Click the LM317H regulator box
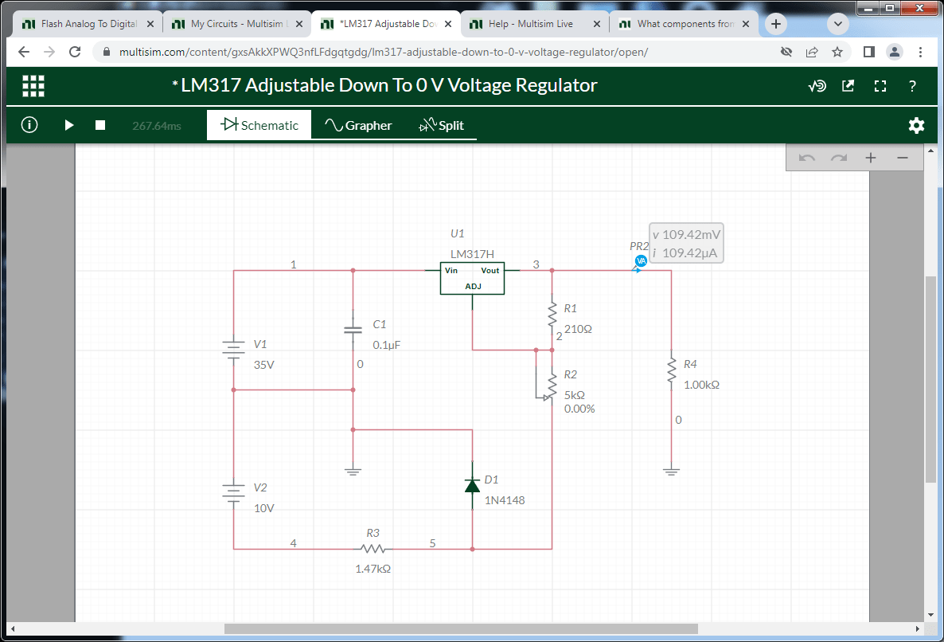[472, 279]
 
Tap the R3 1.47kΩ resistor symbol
[373, 549]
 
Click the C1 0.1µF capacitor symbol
[353, 330]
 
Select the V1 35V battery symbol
[233, 350]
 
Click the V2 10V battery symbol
[233, 493]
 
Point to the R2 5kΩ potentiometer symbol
[548, 385]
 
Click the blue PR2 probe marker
[641, 260]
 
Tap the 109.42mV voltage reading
[691, 235]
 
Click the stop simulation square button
[100, 125]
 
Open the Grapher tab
[357, 125]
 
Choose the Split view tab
[442, 125]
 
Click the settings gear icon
[916, 125]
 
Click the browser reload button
[75, 52]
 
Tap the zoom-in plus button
[871, 158]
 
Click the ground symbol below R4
[671, 471]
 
